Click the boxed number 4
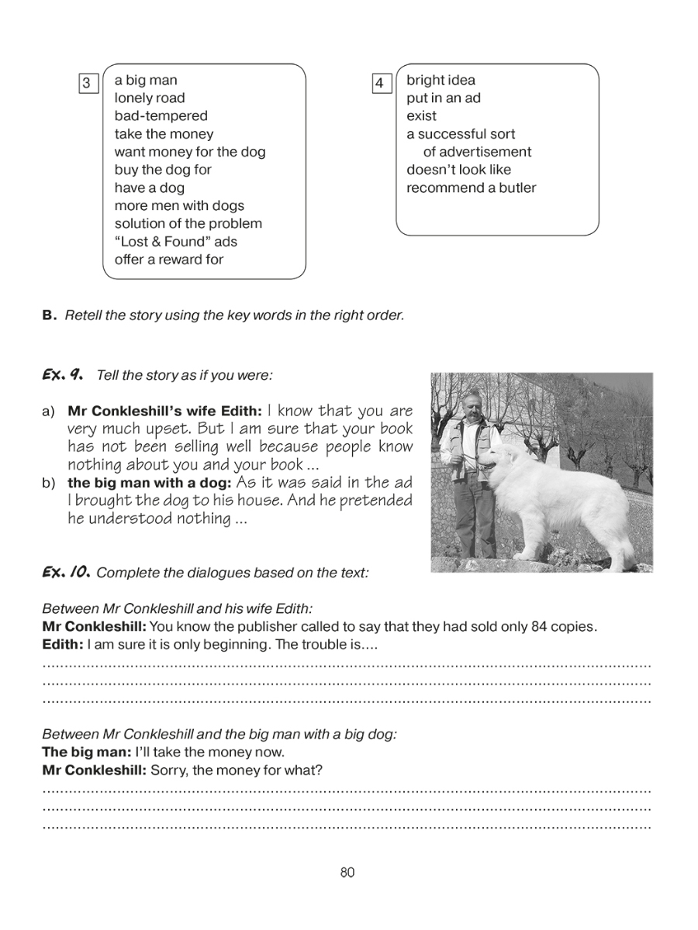click(x=380, y=83)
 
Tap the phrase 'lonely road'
click(x=150, y=98)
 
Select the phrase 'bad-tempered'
click(x=161, y=116)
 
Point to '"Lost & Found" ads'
click(x=176, y=242)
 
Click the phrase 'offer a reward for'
click(x=169, y=260)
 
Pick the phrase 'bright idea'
click(x=441, y=81)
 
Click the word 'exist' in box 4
click(x=421, y=116)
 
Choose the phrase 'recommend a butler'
click(x=471, y=188)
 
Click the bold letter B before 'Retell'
click(x=49, y=315)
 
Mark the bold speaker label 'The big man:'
click(x=86, y=752)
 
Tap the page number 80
click(x=347, y=873)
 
